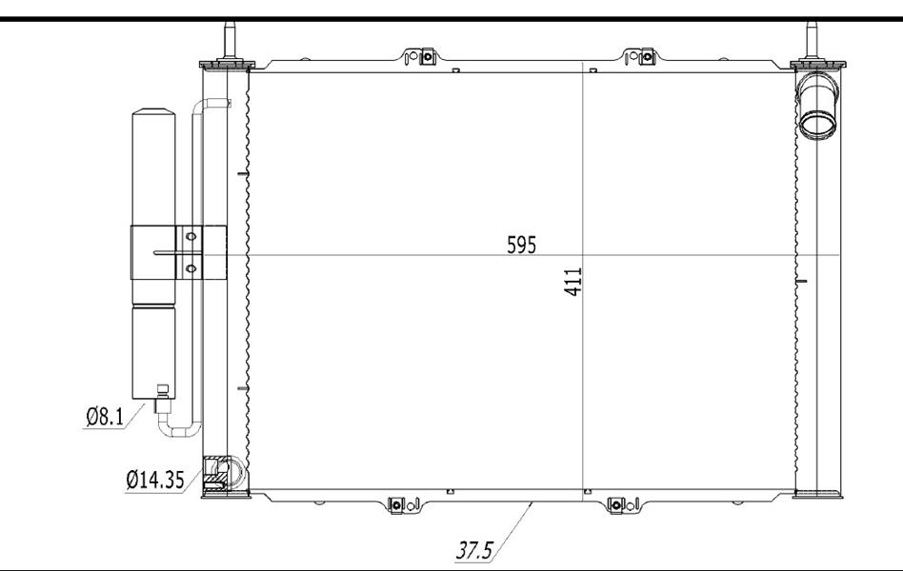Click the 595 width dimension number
[x=521, y=245]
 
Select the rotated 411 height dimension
[x=573, y=282]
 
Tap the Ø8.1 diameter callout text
[x=105, y=416]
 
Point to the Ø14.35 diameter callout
[x=155, y=480]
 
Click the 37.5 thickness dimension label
[x=474, y=550]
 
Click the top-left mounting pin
[x=230, y=40]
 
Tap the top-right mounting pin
[x=812, y=40]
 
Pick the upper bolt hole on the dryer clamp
[x=191, y=237]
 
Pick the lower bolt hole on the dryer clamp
[x=191, y=268]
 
